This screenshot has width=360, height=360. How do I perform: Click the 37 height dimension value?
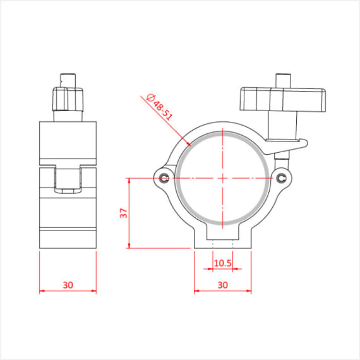click(124, 213)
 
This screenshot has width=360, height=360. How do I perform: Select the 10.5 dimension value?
click(222, 263)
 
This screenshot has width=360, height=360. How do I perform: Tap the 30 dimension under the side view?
click(68, 285)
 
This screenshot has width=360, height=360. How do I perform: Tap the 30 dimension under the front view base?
click(222, 285)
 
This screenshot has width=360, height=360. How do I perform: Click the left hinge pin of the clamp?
click(165, 177)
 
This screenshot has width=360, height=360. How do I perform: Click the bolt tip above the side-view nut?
click(68, 80)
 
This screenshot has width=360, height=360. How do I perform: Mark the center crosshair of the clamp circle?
click(222, 177)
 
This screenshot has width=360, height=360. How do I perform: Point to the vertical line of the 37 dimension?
click(129, 213)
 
